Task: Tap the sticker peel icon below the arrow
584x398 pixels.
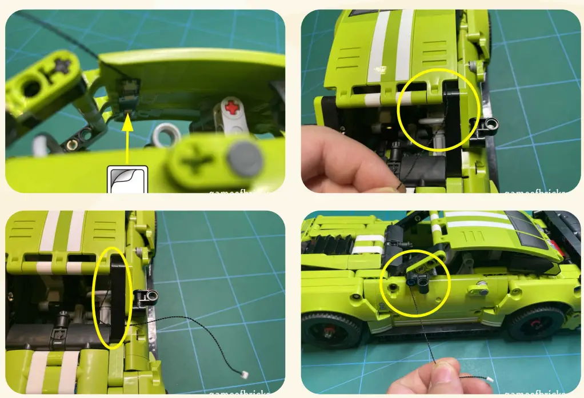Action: tap(127, 178)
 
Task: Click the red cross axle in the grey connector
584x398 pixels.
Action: tap(231, 106)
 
